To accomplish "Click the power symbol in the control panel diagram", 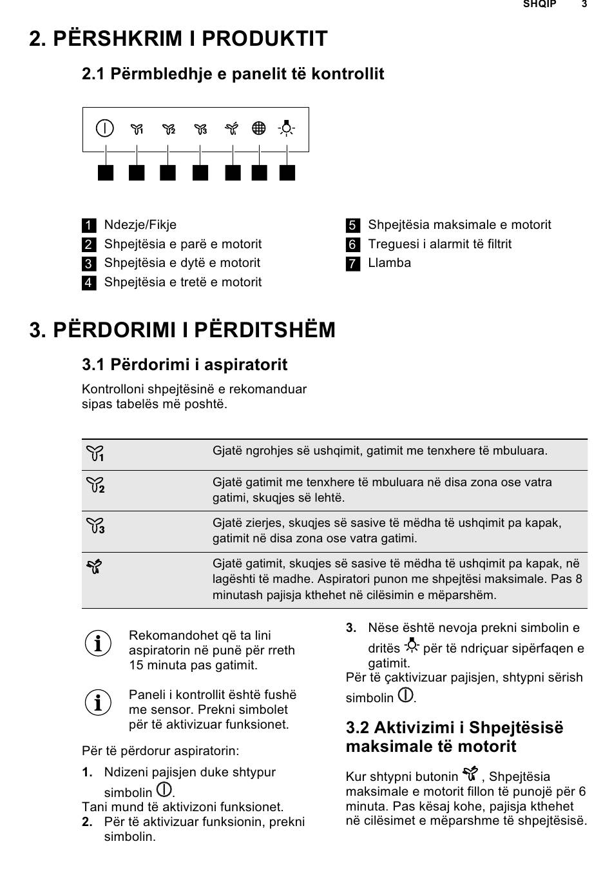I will pyautogui.click(x=104, y=128).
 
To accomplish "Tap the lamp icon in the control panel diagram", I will pyautogui.click(x=287, y=128).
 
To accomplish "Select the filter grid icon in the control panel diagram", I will pyautogui.click(x=259, y=128).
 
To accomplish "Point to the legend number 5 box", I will pyautogui.click(x=352, y=226).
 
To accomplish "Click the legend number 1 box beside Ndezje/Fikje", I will pyautogui.click(x=89, y=226).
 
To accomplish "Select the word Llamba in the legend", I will pyautogui.click(x=389, y=263).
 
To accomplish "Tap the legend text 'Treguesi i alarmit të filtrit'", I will pyautogui.click(x=439, y=244).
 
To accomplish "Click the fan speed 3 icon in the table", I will pyautogui.click(x=95, y=526).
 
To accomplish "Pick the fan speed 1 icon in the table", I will pyautogui.click(x=95, y=454).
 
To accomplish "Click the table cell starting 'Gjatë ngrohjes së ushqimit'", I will pyautogui.click(x=380, y=451).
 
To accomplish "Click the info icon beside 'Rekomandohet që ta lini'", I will pyautogui.click(x=98, y=644).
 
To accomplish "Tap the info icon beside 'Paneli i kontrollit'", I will pyautogui.click(x=98, y=702).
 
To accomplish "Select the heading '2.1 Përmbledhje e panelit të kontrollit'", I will pyautogui.click(x=233, y=74).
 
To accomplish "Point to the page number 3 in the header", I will pyautogui.click(x=584, y=5).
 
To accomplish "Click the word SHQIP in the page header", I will pyautogui.click(x=539, y=5).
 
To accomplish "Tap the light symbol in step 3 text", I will pyautogui.click(x=412, y=645).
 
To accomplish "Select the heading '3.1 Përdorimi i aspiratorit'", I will pyautogui.click(x=184, y=365).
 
